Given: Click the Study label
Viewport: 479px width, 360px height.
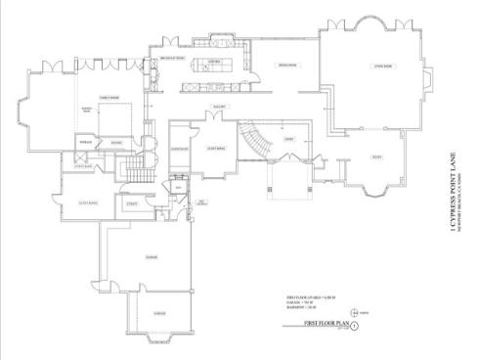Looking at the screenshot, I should pos(376,157).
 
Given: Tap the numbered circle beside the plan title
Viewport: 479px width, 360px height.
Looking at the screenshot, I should pos(355,324).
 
